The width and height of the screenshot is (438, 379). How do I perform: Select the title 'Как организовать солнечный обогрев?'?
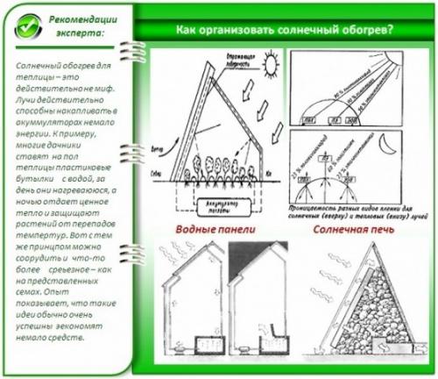point(285,29)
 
